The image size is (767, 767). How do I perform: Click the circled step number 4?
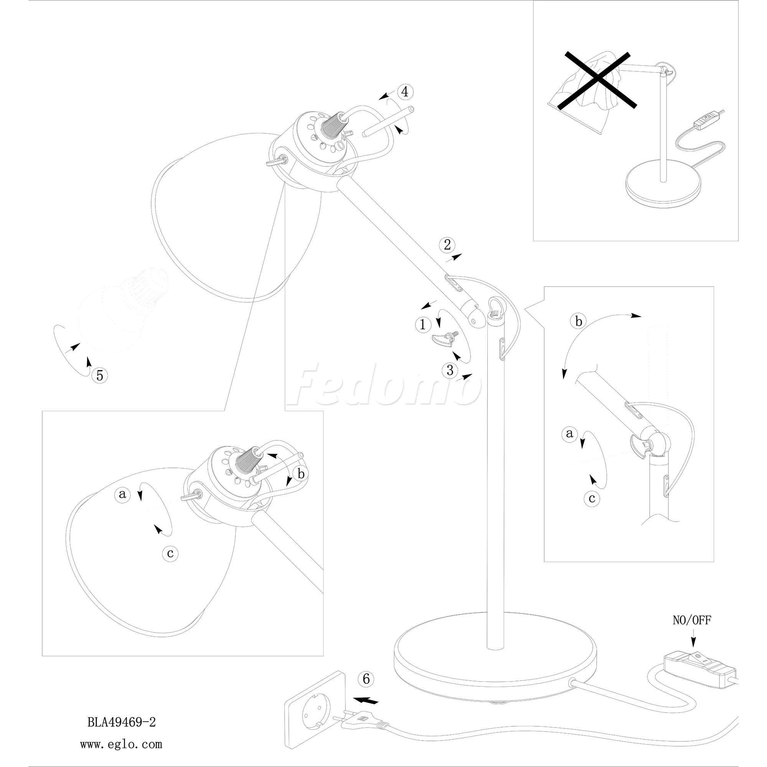click(x=405, y=92)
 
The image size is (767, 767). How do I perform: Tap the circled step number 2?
click(x=447, y=245)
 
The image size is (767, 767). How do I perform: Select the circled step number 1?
click(x=423, y=324)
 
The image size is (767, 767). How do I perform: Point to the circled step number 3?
click(x=450, y=370)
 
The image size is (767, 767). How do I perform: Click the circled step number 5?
click(x=100, y=375)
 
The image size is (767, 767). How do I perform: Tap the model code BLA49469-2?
click(x=122, y=722)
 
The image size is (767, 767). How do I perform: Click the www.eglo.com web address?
click(x=121, y=744)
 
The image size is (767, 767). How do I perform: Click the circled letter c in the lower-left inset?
click(x=170, y=553)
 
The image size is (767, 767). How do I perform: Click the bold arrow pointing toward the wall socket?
click(x=365, y=700)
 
